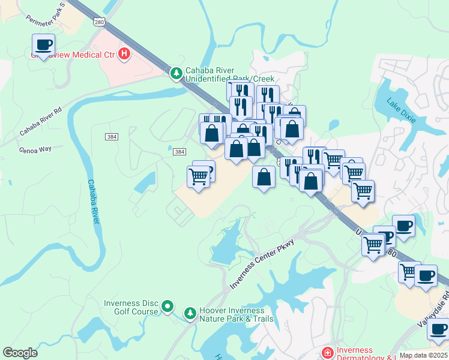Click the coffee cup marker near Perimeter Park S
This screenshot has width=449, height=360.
43,44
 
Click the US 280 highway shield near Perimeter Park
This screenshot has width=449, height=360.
99,22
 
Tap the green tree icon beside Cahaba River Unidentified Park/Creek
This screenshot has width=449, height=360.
176,73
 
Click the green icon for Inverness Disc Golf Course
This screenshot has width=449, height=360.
169,307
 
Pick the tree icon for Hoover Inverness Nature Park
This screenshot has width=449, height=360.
190,313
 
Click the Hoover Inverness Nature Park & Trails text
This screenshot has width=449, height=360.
231,314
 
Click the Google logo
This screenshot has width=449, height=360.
20,353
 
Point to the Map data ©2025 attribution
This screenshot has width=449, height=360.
423,355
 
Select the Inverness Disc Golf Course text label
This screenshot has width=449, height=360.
131,307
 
